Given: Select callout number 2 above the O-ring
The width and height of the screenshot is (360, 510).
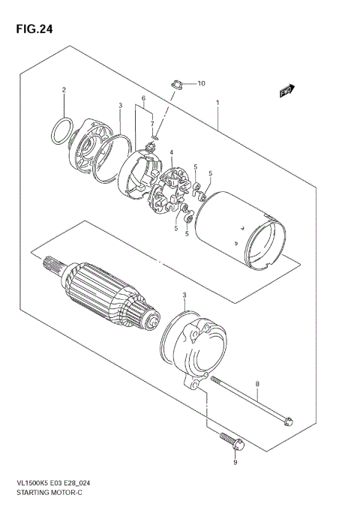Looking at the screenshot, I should coord(64,91).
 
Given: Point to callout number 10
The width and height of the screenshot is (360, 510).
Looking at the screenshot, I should coord(200,83).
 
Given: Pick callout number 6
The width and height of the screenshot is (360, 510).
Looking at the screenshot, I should coord(142,98).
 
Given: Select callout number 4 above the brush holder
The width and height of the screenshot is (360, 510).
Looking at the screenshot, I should coord(172,153).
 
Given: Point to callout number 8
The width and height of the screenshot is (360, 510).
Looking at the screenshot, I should coord(258,385).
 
